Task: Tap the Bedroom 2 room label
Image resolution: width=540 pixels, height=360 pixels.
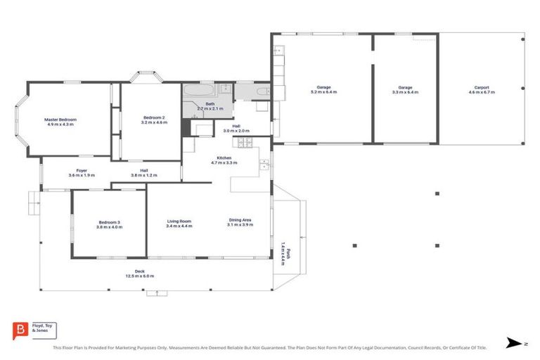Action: [154, 117]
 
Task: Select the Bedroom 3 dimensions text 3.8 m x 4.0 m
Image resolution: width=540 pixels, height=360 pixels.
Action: [109, 227]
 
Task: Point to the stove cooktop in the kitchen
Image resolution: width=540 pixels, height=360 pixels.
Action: [246, 143]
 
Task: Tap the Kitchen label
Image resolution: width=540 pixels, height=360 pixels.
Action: [224, 157]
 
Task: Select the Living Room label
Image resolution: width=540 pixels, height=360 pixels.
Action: [179, 221]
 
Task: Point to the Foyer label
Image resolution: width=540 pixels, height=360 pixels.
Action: [82, 170]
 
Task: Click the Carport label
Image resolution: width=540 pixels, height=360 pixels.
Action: [482, 88]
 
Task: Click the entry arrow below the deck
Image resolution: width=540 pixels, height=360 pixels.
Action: [157, 292]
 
